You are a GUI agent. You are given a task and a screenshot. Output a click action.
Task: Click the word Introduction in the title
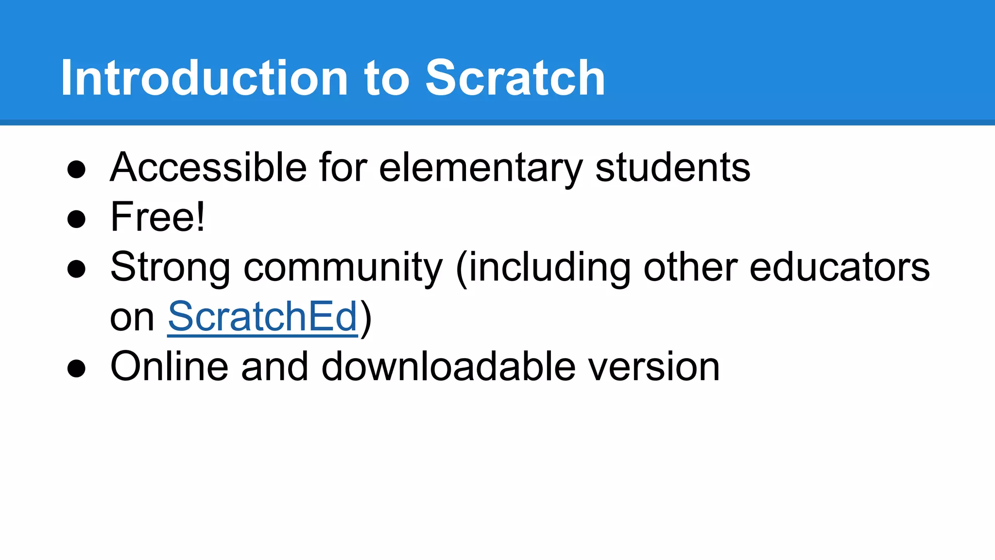click(x=204, y=78)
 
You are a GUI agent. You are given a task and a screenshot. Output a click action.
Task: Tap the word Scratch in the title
click(x=515, y=78)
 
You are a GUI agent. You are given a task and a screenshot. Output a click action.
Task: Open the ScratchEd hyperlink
click(x=262, y=317)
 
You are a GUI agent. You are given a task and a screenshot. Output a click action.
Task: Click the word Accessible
click(x=208, y=167)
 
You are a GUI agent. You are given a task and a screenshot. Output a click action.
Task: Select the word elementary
click(x=480, y=168)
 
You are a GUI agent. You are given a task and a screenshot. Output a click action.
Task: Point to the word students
click(x=672, y=167)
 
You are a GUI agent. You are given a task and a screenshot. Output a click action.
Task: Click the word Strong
click(x=170, y=267)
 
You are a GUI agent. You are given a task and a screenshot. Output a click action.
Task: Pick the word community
click(x=343, y=267)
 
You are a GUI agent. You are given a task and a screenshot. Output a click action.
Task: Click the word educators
click(x=839, y=267)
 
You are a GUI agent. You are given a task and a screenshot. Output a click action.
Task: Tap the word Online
click(x=169, y=367)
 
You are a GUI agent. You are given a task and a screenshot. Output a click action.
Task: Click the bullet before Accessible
click(x=76, y=170)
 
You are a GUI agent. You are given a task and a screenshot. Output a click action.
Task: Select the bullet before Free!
click(x=76, y=219)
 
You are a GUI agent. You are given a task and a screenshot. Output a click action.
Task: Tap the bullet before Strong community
click(x=76, y=269)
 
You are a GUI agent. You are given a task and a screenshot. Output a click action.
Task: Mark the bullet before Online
click(x=76, y=368)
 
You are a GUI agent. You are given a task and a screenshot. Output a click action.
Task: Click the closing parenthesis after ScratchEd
click(x=366, y=318)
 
